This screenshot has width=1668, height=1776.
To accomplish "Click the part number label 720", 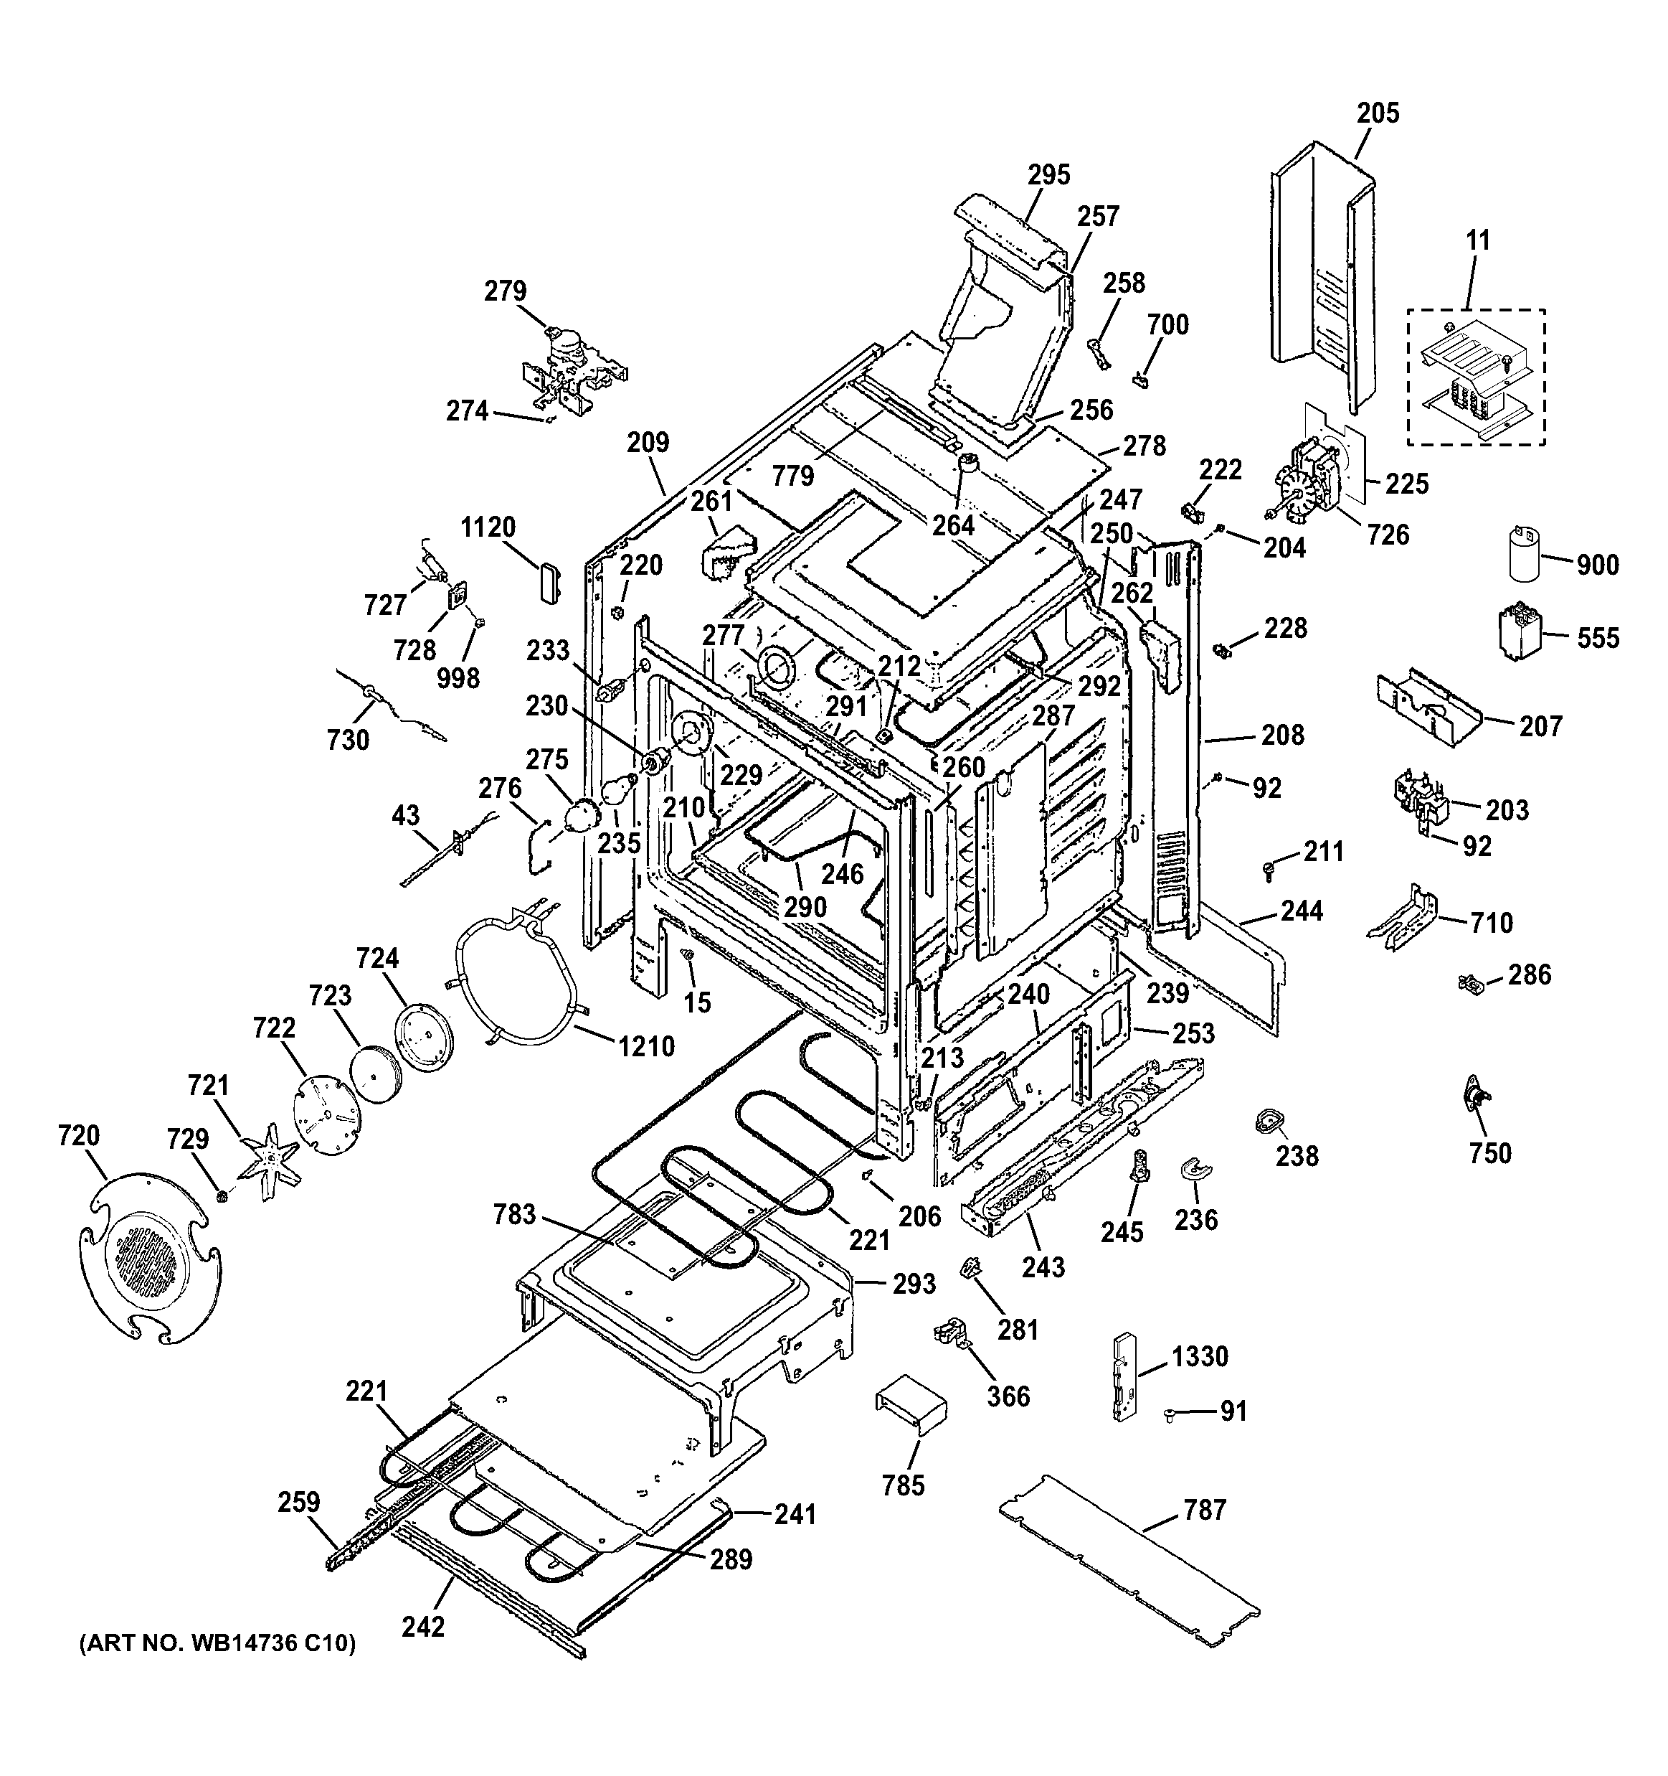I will tap(79, 1137).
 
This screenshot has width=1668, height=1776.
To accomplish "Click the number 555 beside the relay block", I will tap(1598, 638).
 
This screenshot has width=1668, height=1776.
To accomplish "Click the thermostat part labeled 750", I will tap(1474, 1096).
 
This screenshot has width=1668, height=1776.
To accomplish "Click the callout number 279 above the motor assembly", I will tap(506, 291).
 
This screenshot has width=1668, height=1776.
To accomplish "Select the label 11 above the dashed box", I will tap(1478, 240).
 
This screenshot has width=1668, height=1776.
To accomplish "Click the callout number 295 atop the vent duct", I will tap(1048, 174).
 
